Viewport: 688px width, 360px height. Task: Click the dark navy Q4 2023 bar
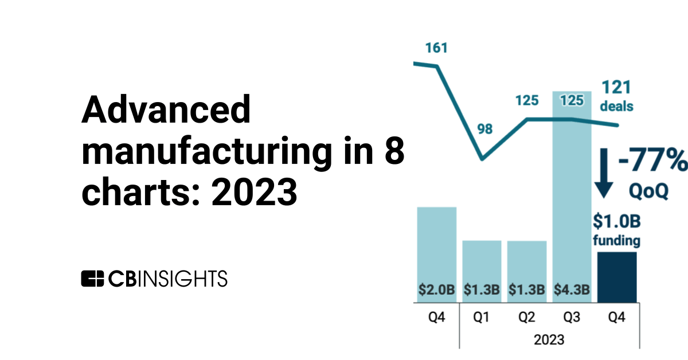[616, 277]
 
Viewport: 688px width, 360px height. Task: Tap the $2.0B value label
[436, 290]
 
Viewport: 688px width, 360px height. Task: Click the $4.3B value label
[572, 290]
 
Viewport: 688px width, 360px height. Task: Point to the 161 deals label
[436, 48]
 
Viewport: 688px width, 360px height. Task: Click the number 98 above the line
[485, 129]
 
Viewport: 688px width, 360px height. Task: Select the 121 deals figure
[616, 88]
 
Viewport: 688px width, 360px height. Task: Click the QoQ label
[650, 190]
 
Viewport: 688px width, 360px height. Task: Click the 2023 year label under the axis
[549, 339]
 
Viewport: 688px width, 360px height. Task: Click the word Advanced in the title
[166, 110]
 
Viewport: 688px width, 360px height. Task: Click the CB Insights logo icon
[93, 278]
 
